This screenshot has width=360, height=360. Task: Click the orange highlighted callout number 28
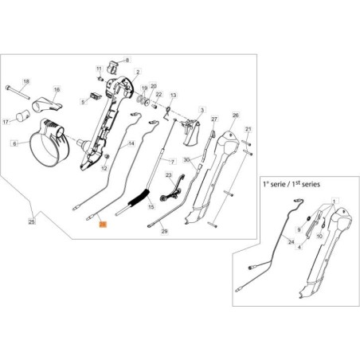coord(102,227)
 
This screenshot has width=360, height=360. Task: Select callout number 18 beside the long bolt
coord(25,82)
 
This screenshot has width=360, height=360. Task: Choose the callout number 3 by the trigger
coord(202,109)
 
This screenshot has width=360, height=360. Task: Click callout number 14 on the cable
coord(131,144)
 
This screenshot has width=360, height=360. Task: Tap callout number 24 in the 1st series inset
coord(292,242)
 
